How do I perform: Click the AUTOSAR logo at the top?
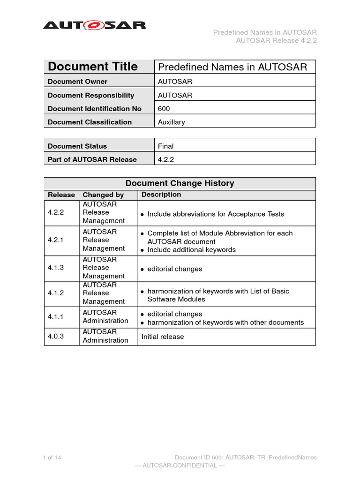94,24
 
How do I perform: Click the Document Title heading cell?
93,67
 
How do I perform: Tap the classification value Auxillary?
172,122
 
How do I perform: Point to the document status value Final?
165,146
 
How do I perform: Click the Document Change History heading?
180,183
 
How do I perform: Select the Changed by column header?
103,195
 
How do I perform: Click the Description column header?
161,195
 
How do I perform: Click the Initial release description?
163,337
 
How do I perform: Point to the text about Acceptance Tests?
216,214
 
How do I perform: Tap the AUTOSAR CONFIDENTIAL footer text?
180,465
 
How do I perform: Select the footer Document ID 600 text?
246,457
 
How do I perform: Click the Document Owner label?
77,82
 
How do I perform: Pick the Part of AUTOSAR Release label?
92,159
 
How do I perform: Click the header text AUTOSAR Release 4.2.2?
277,40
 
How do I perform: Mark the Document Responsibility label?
91,95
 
